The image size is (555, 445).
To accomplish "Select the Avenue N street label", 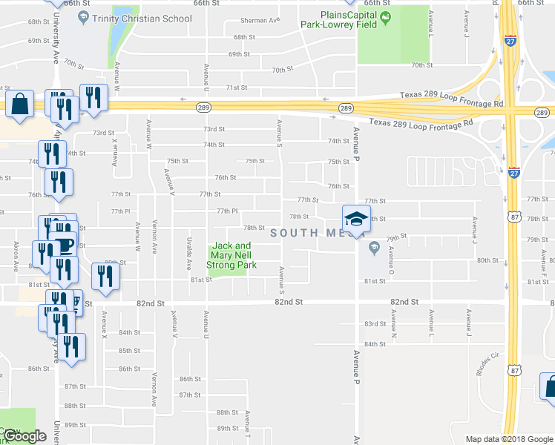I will [394, 320].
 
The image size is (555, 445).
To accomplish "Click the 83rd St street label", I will [375, 324].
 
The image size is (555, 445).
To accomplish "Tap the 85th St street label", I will [129, 351].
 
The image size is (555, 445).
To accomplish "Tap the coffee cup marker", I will [65, 244].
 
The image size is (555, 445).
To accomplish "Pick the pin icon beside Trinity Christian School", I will [83, 16].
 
